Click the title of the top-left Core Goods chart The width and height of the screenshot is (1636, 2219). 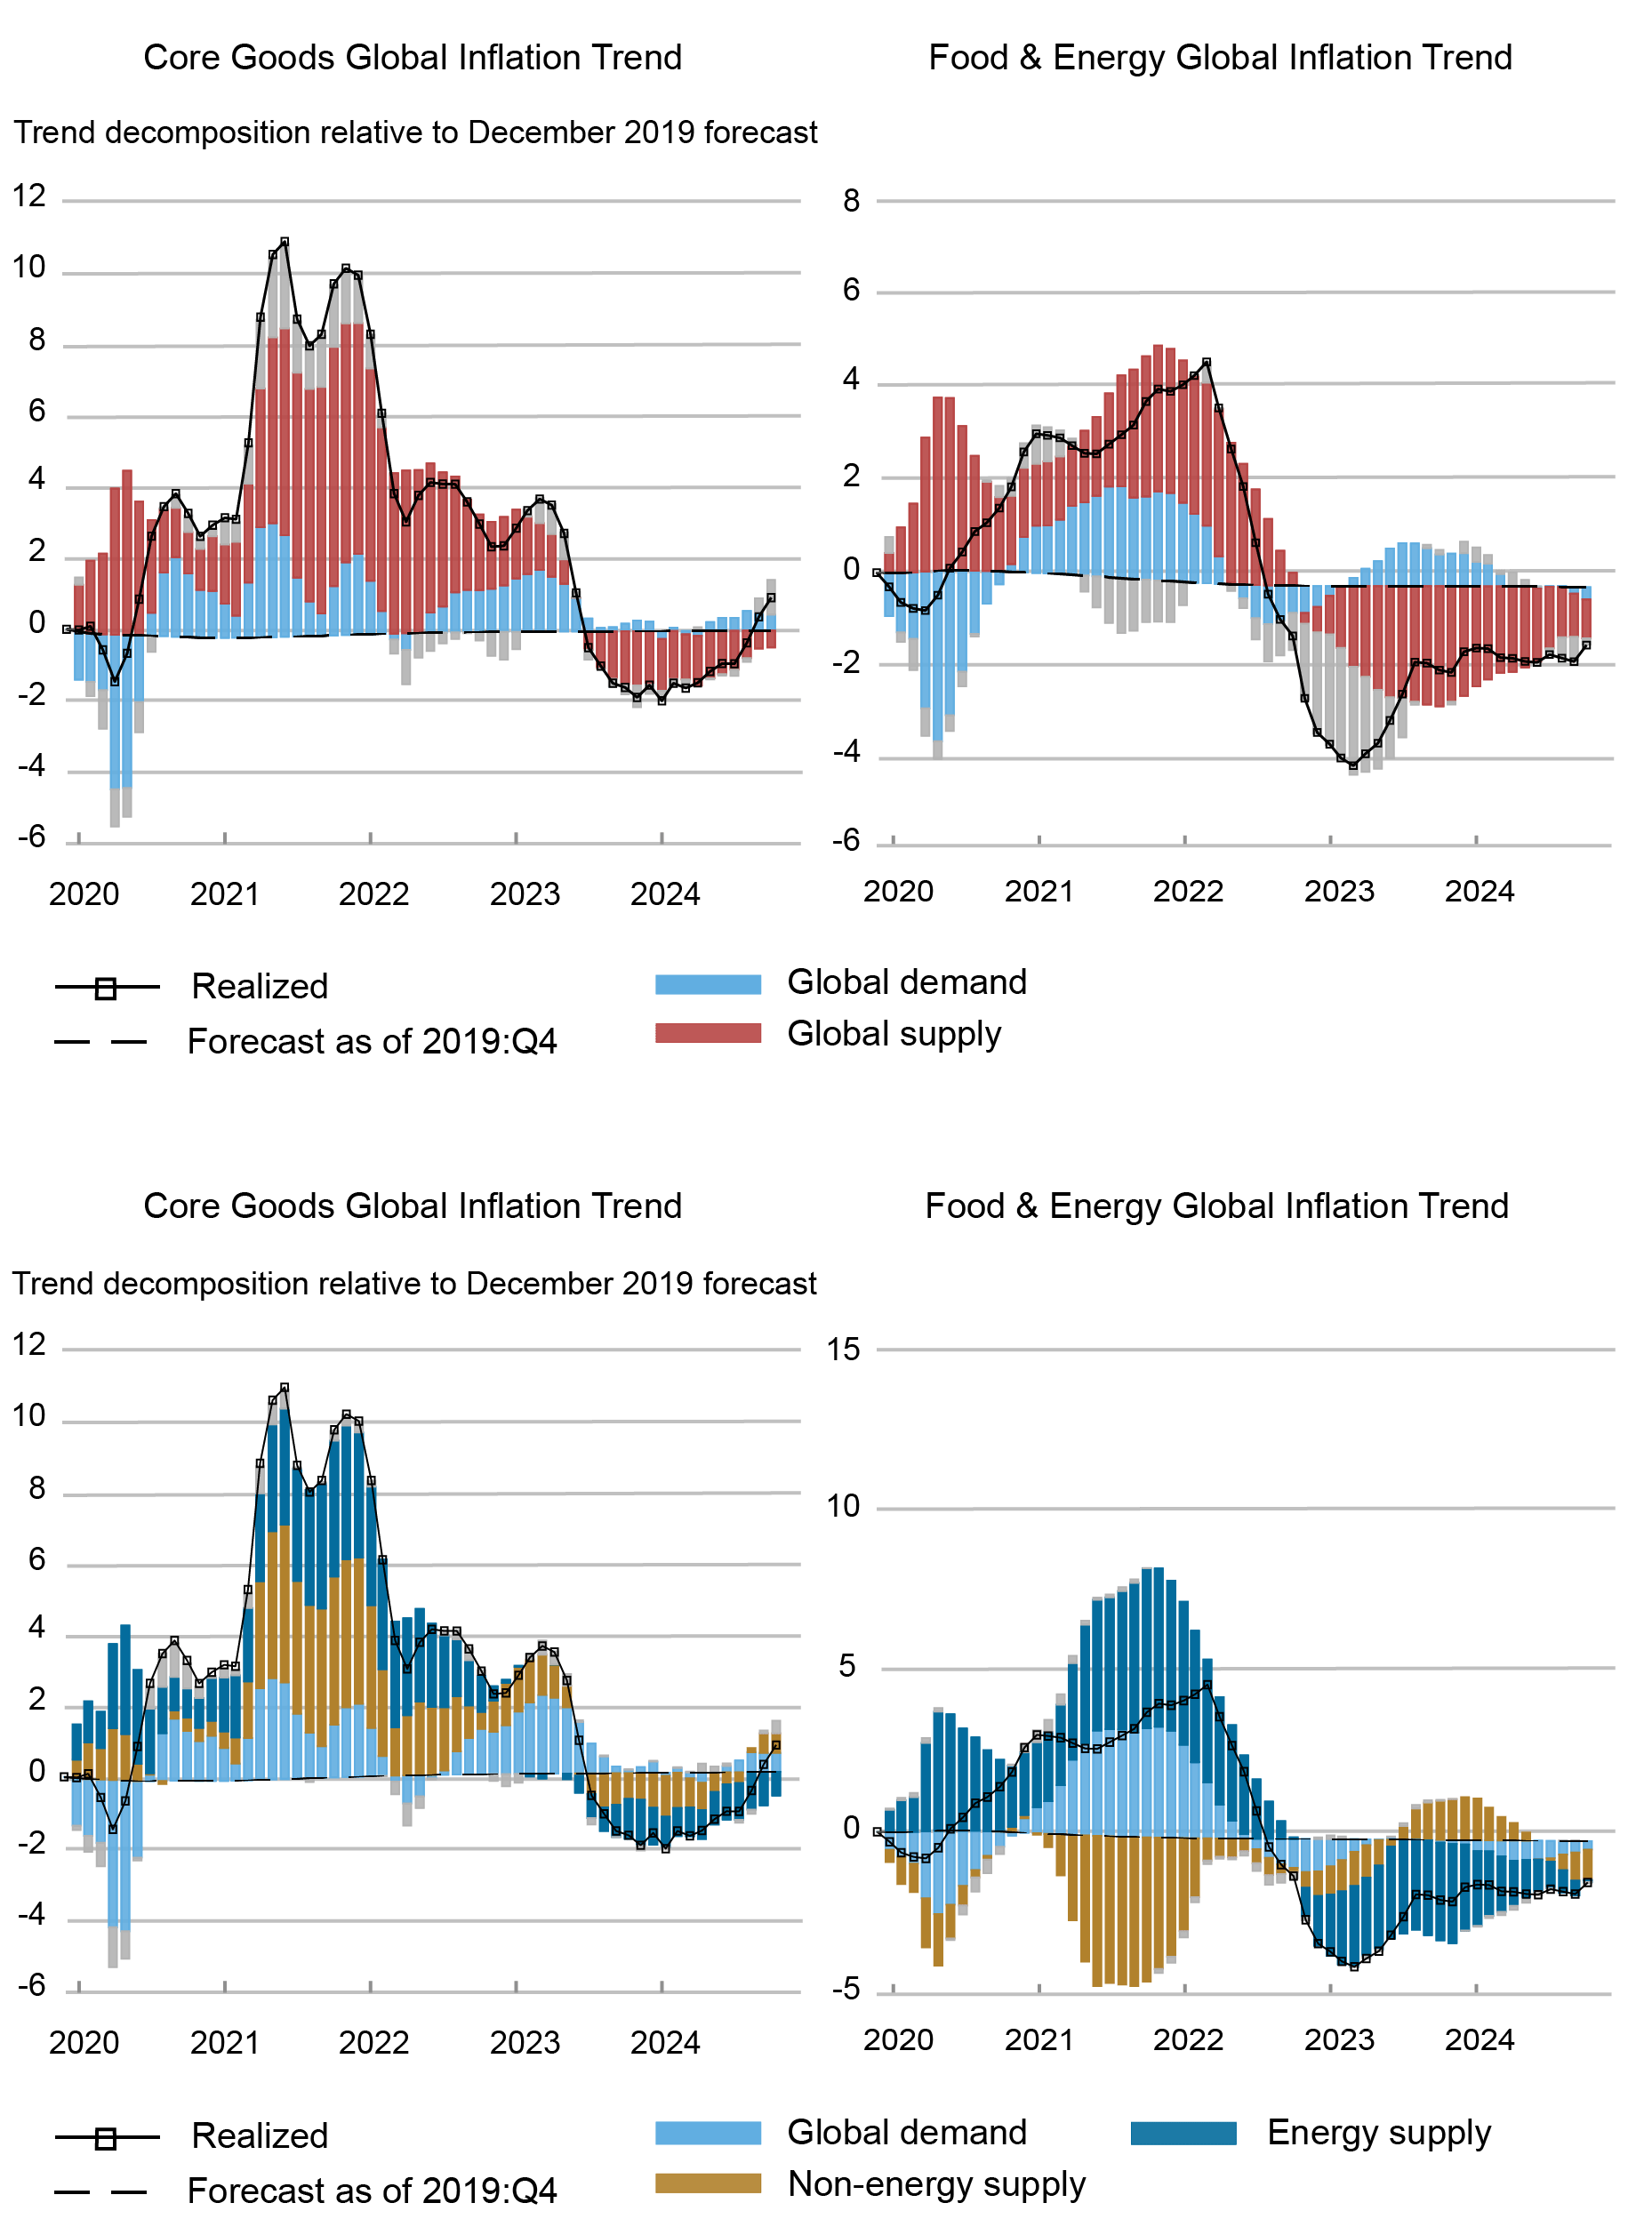412,58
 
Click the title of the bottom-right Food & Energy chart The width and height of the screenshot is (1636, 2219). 1216,1206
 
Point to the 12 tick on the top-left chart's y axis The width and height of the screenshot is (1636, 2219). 29,196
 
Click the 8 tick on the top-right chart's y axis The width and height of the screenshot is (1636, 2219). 852,201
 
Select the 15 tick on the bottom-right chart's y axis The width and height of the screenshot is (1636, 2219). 844,1349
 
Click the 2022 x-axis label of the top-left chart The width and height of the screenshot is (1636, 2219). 373,894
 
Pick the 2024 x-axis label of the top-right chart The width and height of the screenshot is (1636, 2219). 1479,891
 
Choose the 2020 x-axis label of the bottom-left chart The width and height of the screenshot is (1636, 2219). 84,2042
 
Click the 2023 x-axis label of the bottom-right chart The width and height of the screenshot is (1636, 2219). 1338,2039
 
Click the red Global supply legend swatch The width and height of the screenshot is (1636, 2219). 708,1034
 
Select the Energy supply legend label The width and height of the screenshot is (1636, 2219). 1378,2132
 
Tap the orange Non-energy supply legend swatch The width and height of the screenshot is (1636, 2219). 708,2183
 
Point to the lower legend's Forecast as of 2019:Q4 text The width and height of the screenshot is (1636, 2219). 372,2191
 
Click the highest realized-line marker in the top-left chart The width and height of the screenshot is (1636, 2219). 285,242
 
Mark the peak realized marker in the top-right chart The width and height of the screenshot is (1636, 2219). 1205,364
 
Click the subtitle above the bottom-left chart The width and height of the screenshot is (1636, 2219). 414,1283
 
